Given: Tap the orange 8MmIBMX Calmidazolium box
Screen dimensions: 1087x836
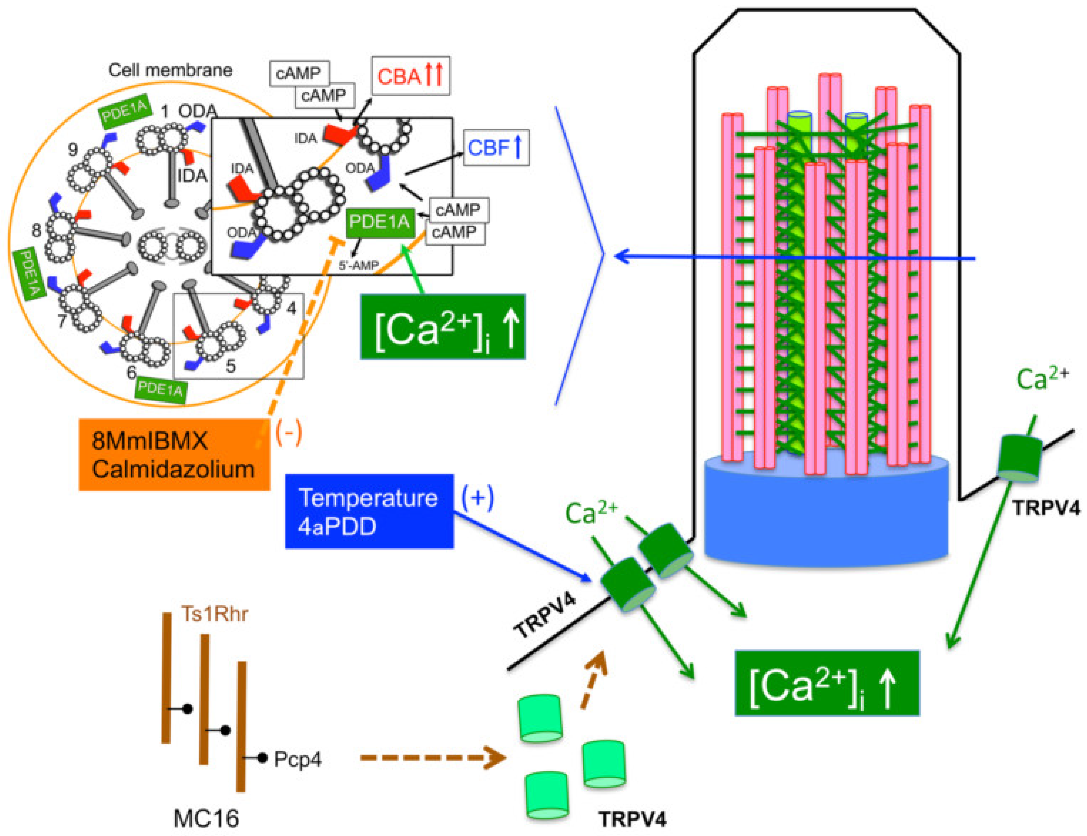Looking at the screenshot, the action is click(174, 454).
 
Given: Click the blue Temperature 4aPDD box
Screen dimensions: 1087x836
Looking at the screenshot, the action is click(369, 511).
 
